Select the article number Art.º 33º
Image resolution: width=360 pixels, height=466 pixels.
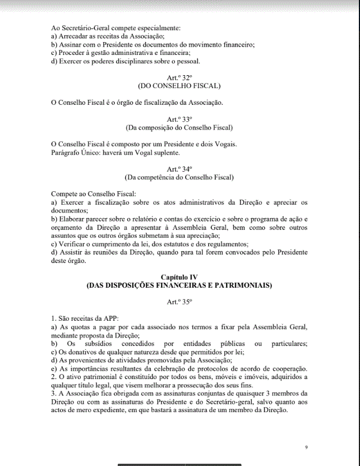point(179,119)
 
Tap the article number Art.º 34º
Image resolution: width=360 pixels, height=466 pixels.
point(179,168)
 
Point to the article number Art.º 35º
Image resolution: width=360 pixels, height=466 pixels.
point(179,302)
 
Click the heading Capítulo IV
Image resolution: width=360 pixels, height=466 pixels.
point(179,277)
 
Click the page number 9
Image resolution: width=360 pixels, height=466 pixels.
point(306,447)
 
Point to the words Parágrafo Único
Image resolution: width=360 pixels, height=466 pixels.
point(72,152)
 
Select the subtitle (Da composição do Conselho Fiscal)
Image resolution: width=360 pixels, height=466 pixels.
point(179,128)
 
